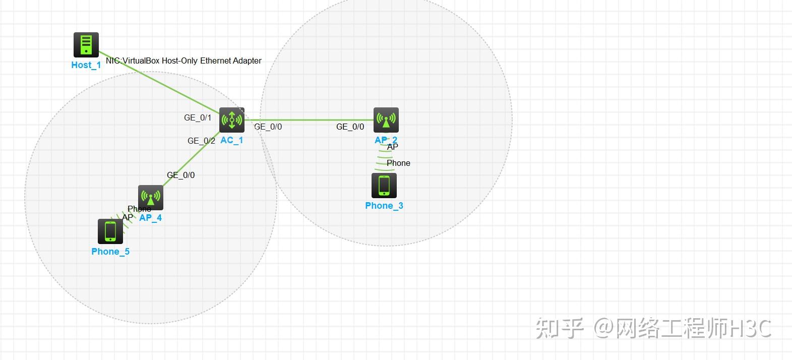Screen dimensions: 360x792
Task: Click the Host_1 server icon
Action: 86,45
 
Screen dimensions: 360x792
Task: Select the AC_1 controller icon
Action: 232,120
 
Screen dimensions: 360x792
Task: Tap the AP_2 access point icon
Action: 386,120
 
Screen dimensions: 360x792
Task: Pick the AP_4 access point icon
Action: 151,198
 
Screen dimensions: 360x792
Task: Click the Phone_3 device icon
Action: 384,186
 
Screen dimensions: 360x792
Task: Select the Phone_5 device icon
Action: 110,231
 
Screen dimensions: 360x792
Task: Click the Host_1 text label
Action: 86,65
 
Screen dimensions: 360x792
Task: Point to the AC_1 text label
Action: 232,140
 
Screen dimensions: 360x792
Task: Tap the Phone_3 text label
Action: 384,206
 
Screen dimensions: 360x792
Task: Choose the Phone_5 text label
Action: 110,252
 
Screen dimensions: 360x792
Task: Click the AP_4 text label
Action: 151,218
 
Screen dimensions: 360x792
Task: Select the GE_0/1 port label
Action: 198,117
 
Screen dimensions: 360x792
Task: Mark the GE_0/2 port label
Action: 201,141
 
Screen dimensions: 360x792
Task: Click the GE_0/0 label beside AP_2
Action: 350,127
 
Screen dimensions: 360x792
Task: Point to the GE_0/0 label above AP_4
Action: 181,175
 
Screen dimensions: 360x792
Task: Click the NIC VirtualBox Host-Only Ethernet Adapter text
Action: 184,61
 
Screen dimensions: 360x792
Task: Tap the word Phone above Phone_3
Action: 398,163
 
